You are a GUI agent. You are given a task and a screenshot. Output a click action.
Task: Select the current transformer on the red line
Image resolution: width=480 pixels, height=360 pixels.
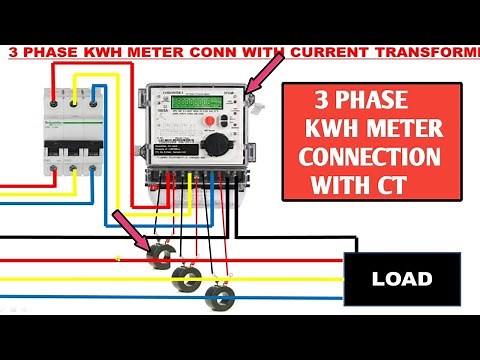pos(158,257)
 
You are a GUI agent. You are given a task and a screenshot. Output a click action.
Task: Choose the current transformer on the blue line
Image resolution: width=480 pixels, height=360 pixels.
pos(218,295)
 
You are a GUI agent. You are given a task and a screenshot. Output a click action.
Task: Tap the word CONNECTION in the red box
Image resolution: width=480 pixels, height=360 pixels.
pos(370,159)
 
